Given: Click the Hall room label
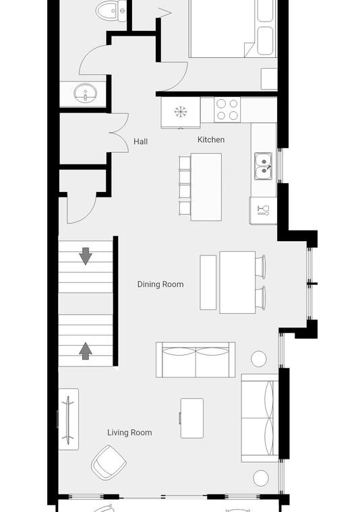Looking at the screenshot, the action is (x=140, y=141).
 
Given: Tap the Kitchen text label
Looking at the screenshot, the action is (x=211, y=139).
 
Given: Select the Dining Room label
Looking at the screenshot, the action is (x=160, y=284).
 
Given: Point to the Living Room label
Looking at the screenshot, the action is (x=129, y=433).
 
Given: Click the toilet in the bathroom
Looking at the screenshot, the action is (x=111, y=11).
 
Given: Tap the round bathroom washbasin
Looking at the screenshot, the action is (x=85, y=93).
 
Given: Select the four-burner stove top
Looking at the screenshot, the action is (x=227, y=110).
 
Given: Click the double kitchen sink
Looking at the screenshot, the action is (x=264, y=166).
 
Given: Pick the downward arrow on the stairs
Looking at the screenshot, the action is (x=86, y=256).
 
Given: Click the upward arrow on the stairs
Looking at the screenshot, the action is (x=86, y=351).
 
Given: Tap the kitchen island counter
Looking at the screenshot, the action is (x=206, y=187).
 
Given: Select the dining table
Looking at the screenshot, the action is (x=237, y=282).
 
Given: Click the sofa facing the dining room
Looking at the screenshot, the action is (x=196, y=360).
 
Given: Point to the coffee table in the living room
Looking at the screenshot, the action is (x=192, y=418).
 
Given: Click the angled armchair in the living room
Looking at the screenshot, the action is (x=109, y=462).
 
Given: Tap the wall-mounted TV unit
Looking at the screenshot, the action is (x=68, y=419).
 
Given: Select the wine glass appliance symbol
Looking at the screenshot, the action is (x=264, y=210).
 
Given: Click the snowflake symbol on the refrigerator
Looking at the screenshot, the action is (x=181, y=112).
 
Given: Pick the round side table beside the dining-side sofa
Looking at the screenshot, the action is (x=259, y=358).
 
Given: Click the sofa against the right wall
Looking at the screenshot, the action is (x=260, y=418).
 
